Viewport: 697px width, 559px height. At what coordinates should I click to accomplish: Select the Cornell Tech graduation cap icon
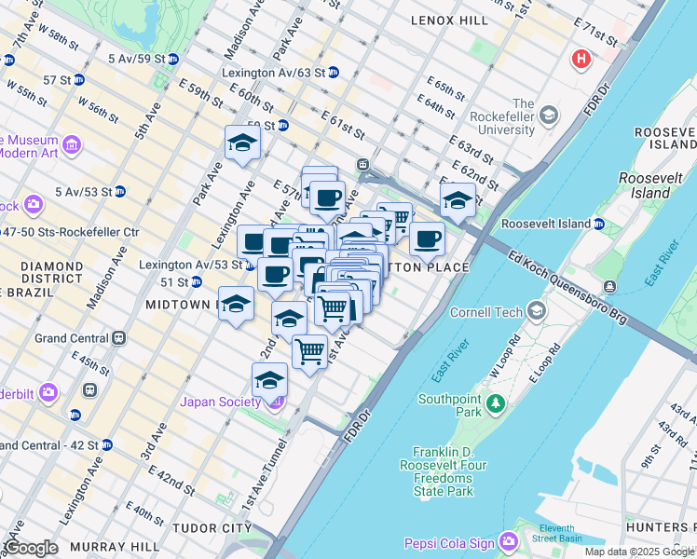(x=537, y=310)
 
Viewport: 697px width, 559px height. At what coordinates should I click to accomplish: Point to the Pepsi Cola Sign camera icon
(x=508, y=541)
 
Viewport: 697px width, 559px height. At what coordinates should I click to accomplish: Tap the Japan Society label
(x=224, y=402)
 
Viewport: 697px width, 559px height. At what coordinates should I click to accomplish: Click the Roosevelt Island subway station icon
(x=599, y=224)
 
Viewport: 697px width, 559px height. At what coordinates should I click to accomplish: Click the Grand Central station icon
(x=118, y=338)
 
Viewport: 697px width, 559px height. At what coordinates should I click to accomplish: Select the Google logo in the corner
(x=30, y=548)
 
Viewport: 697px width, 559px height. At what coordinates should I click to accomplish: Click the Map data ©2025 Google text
(x=639, y=552)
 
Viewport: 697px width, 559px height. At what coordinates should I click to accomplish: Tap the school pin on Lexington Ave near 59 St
(x=242, y=143)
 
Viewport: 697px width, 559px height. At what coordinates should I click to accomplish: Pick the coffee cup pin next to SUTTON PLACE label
(x=427, y=239)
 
